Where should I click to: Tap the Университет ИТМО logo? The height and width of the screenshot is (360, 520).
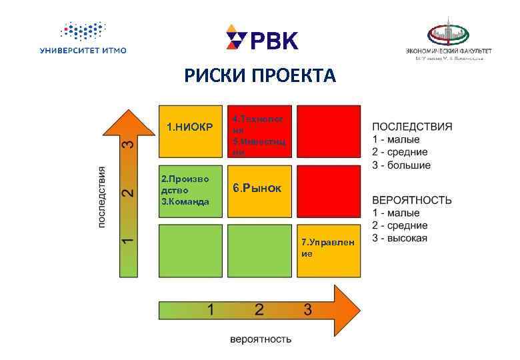coord(83,38)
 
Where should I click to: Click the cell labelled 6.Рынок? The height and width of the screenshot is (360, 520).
coord(260,189)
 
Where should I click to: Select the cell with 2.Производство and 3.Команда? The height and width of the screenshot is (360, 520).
coord(190,191)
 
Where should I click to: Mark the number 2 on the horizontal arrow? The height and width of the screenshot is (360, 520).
coord(259,309)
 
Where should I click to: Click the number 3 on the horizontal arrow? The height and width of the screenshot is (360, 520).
coord(307,309)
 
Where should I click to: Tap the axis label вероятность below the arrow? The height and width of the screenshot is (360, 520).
coord(261,339)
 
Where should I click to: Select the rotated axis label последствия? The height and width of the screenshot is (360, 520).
coord(102,197)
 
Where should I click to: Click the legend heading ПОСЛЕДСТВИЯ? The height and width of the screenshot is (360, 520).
coord(411,126)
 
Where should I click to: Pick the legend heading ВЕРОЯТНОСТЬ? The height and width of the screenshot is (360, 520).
coord(411,200)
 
